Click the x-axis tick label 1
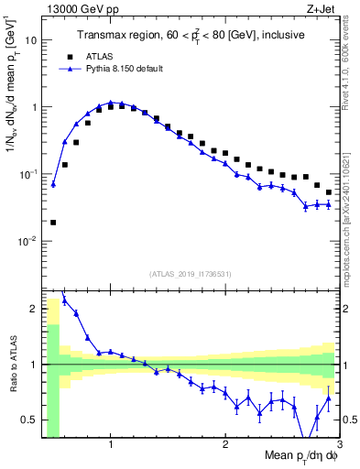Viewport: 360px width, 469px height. [111, 444]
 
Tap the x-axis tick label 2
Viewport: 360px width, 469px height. [225, 444]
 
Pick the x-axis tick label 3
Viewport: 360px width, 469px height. [339, 444]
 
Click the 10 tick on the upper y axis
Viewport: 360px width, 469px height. [30, 40]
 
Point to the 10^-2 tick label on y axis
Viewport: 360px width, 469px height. [27, 241]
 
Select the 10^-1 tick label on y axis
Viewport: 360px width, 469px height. [27, 174]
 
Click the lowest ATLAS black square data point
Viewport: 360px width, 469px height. [53, 222]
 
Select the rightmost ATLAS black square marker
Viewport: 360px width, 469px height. [329, 192]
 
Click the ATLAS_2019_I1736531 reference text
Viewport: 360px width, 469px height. [191, 274]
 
